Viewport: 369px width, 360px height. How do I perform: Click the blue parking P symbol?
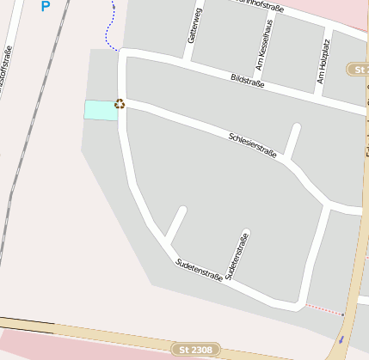[x=46, y=6]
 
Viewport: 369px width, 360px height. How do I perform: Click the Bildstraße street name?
[x=248, y=81]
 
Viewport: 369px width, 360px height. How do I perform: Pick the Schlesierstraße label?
[x=253, y=145]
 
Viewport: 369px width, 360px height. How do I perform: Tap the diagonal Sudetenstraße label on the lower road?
[x=199, y=270]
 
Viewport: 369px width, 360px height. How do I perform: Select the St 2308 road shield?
[x=196, y=350]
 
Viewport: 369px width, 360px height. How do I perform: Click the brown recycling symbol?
[x=120, y=104]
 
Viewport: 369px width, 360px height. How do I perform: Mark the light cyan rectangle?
[x=100, y=110]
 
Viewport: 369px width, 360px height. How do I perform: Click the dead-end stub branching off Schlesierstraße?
[x=292, y=142]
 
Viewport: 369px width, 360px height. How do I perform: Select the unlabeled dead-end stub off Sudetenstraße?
[x=175, y=226]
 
